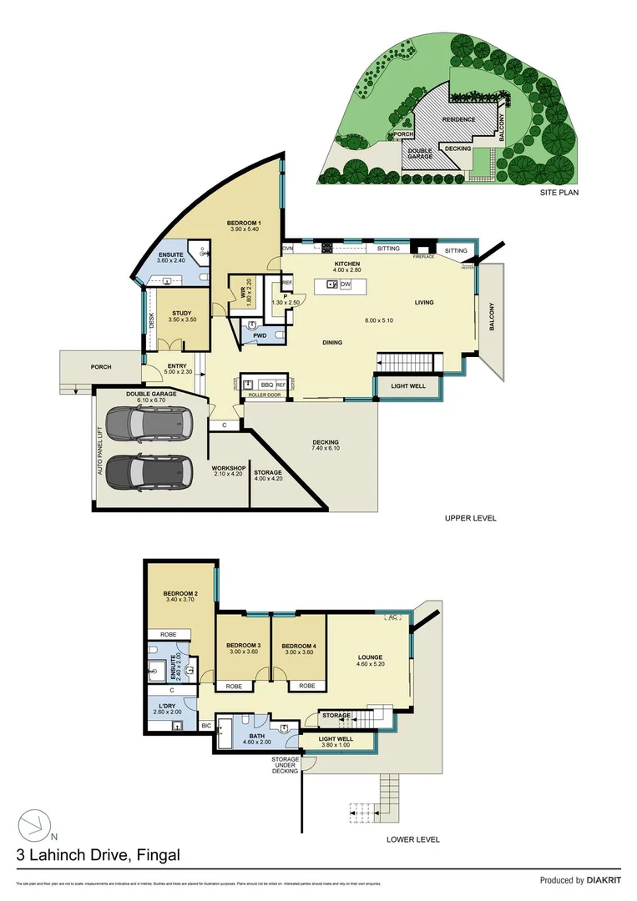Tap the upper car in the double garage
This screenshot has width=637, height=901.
coord(149,425)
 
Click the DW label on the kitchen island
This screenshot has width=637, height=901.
coord(346,284)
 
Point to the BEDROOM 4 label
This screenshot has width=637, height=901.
coord(298,646)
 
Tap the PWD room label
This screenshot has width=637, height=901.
coord(260,335)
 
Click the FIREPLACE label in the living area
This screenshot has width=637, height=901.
coord(424,257)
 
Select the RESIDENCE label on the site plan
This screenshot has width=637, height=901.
coord(459,120)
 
